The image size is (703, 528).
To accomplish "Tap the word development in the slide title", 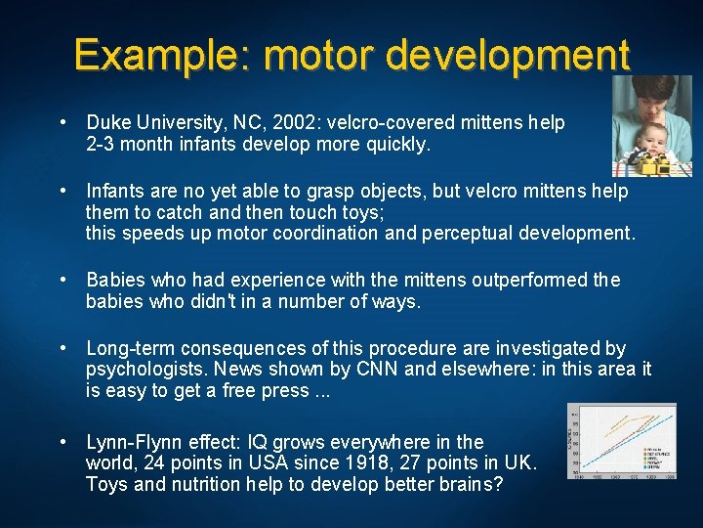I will point(508,55).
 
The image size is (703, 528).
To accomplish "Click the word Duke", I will point(106,123).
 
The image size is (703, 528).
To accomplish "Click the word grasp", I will point(307,191).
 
